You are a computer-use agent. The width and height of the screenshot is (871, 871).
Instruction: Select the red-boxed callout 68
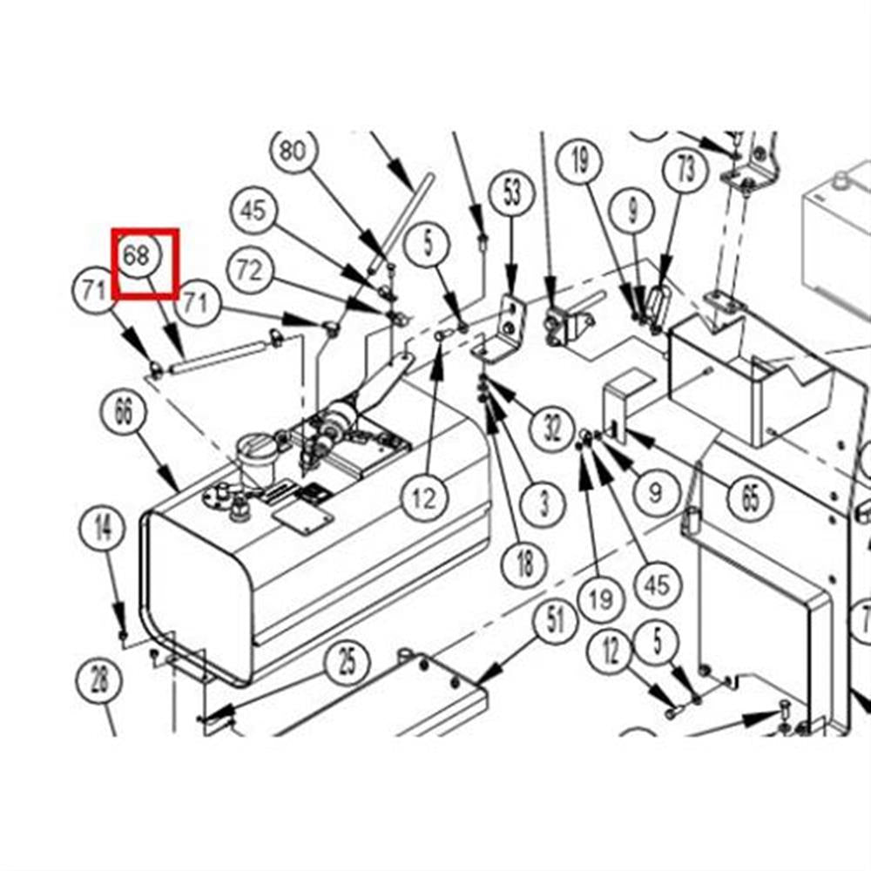pyautogui.click(x=137, y=255)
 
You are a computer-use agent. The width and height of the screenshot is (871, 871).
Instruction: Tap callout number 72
pyautogui.click(x=251, y=271)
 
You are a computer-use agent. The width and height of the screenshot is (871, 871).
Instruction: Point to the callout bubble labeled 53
pyautogui.click(x=512, y=192)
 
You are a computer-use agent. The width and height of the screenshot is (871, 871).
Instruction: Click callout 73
pyautogui.click(x=686, y=170)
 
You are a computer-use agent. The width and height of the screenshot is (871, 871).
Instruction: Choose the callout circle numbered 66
pyautogui.click(x=124, y=412)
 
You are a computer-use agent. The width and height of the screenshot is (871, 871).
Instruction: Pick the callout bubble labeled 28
pyautogui.click(x=99, y=680)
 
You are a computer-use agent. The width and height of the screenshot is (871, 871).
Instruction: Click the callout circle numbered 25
pyautogui.click(x=348, y=663)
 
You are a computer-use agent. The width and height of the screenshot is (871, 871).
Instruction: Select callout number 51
pyautogui.click(x=556, y=621)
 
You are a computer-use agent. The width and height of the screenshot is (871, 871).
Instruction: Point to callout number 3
pyautogui.click(x=544, y=503)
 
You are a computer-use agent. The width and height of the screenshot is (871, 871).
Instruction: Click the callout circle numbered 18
pyautogui.click(x=524, y=563)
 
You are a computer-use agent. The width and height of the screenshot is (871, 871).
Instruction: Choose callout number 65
pyautogui.click(x=750, y=497)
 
